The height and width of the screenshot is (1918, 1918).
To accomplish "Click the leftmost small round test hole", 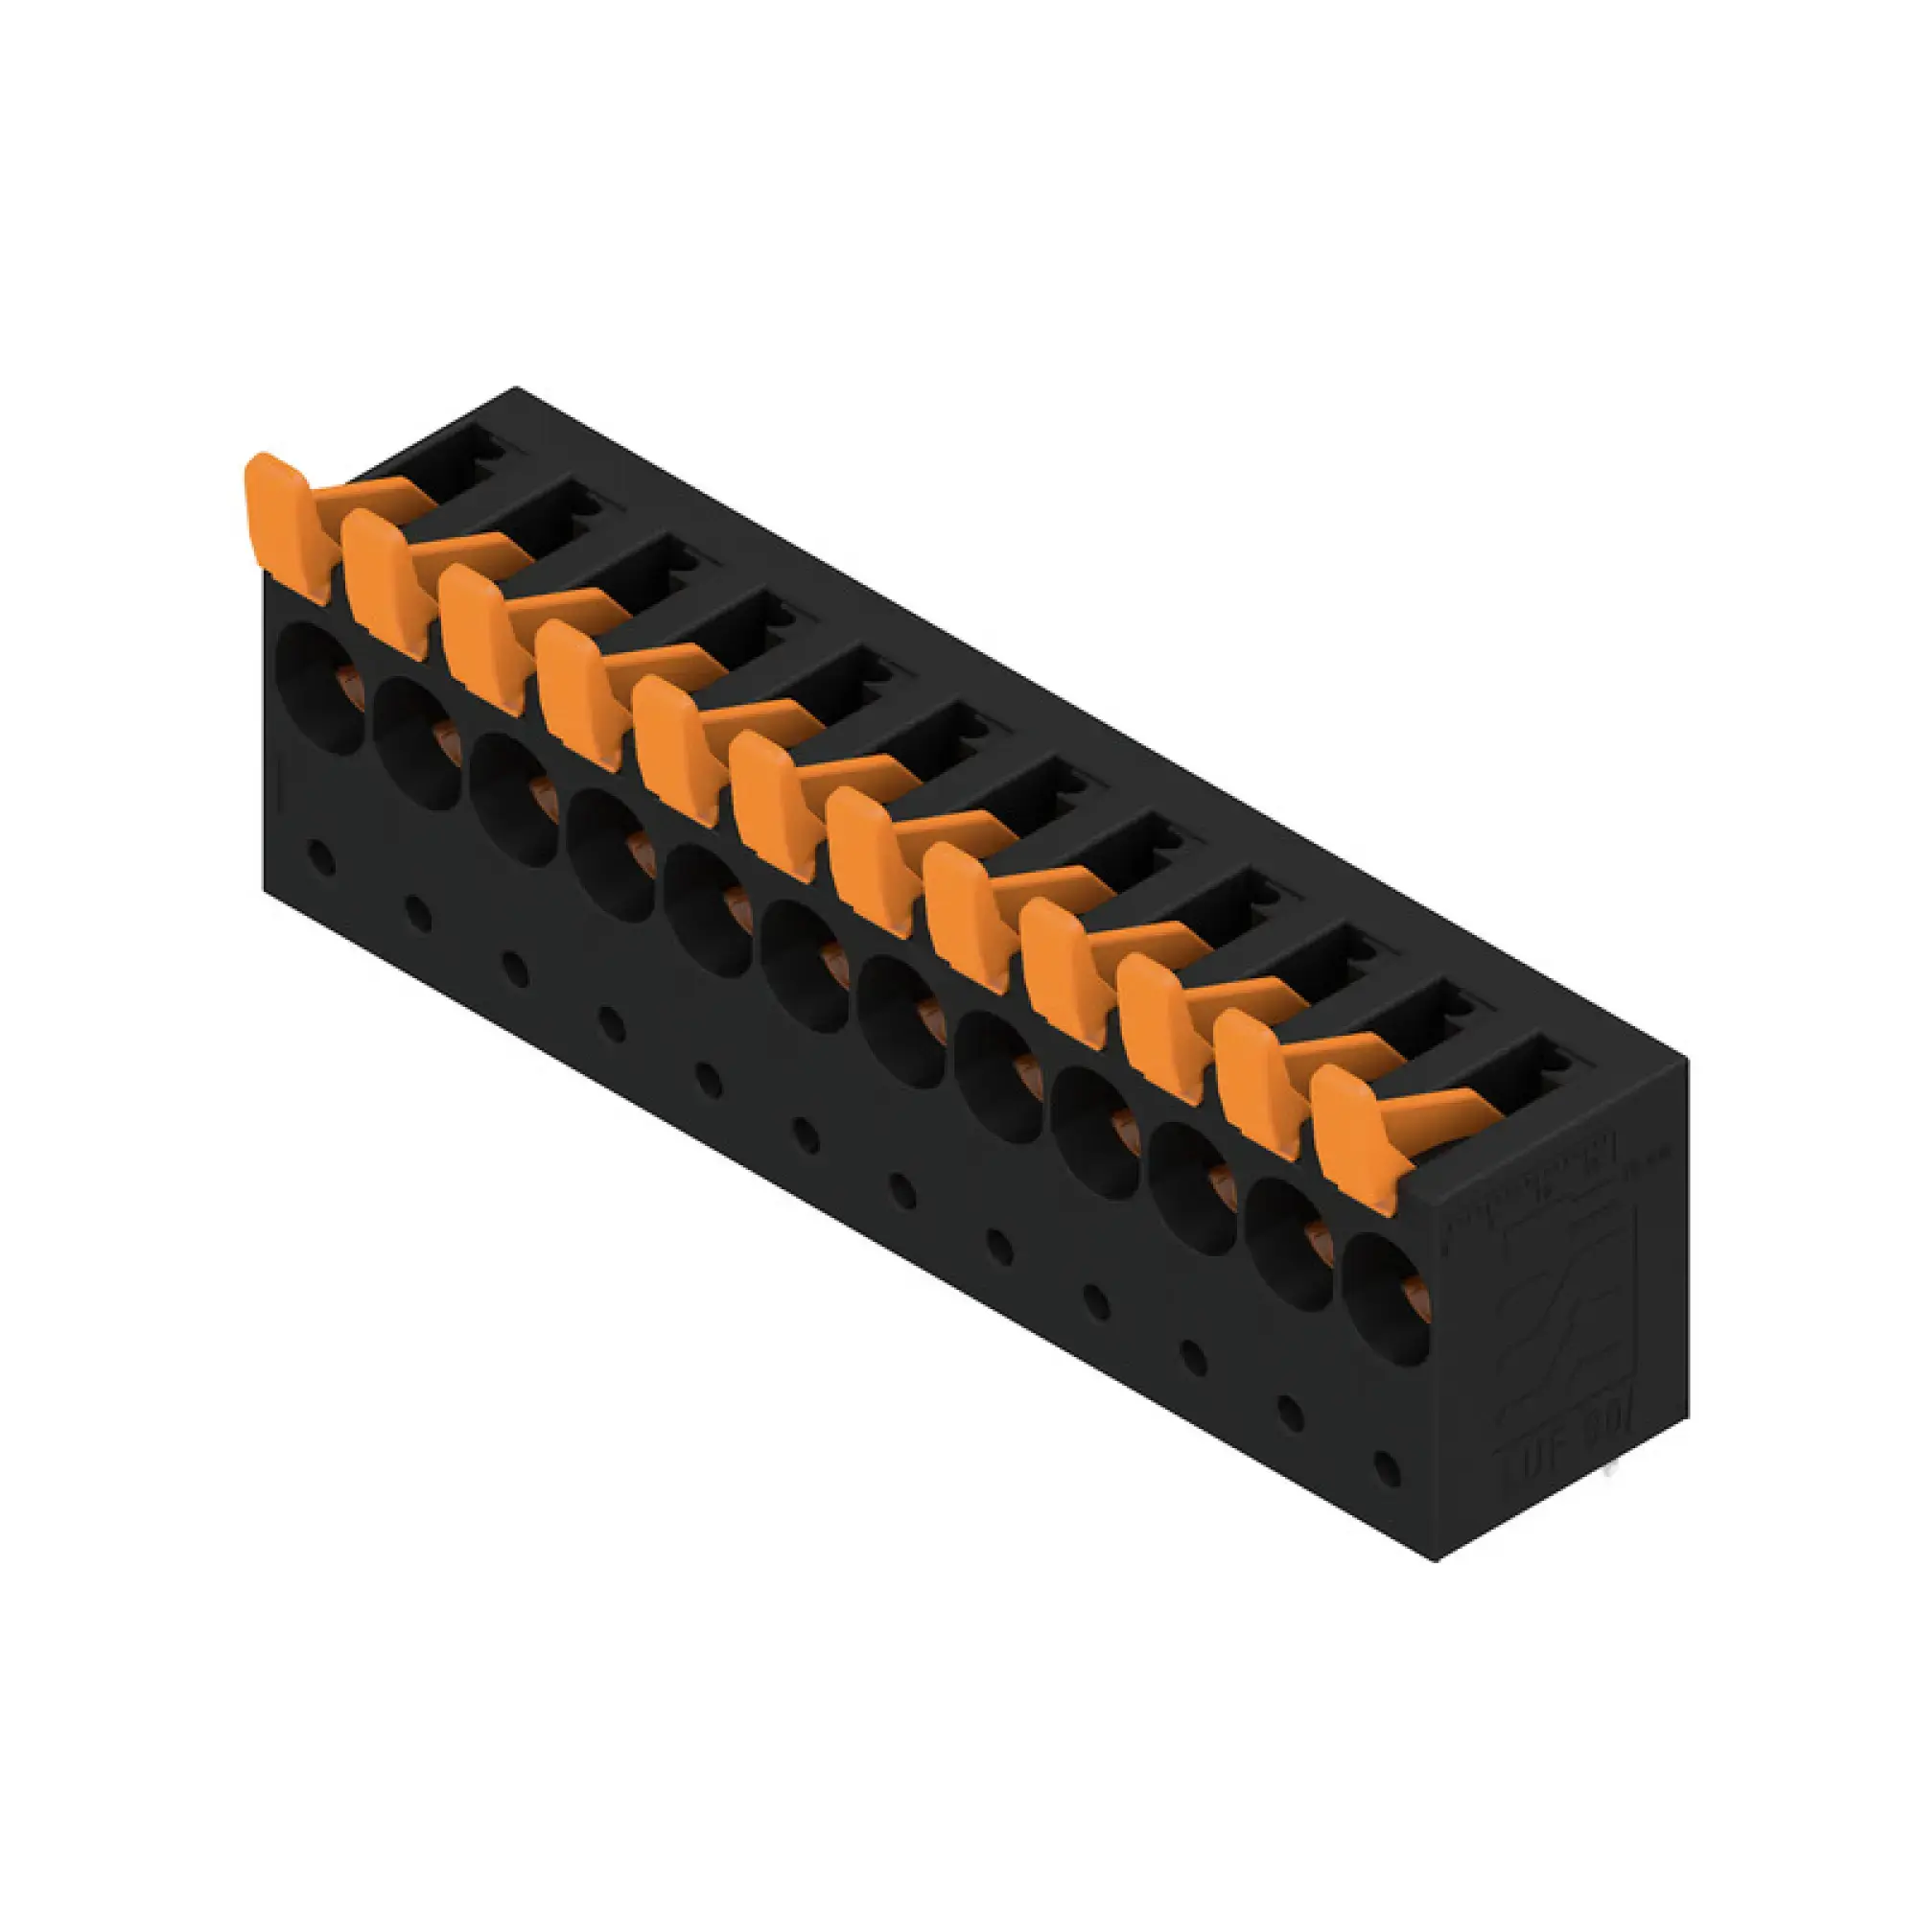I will coord(320,856).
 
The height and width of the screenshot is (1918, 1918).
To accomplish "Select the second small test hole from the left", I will coord(419,913).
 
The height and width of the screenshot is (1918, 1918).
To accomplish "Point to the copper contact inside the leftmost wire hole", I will coord(346,683).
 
